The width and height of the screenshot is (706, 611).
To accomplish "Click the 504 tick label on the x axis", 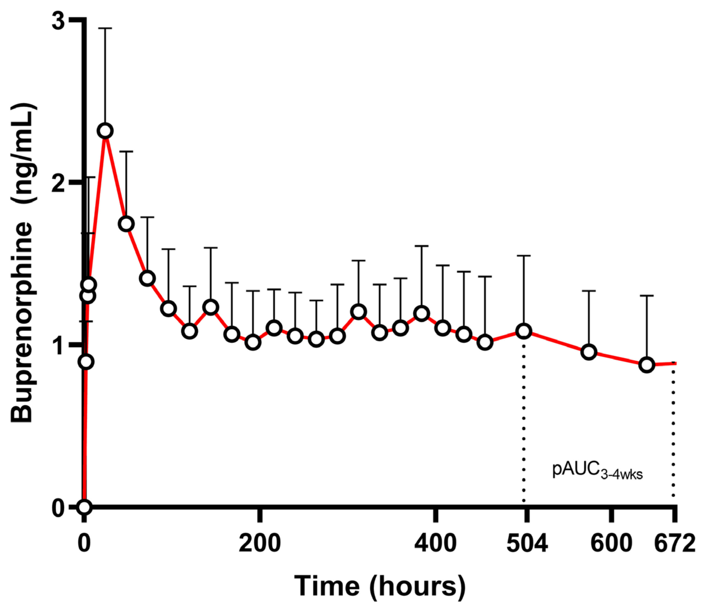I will tap(527, 543).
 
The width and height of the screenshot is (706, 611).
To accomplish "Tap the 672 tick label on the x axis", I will tap(674, 543).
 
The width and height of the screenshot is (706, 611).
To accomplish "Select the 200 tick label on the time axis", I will tap(260, 543).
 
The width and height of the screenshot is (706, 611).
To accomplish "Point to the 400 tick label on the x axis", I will tap(435, 543).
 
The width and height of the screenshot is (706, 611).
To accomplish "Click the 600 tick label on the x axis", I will tap(611, 543).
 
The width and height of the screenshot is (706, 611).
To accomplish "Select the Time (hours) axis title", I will tap(380, 586).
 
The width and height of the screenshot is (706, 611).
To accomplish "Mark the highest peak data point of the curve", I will tap(105, 131).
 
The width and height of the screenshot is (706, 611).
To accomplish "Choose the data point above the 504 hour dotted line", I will tap(523, 331).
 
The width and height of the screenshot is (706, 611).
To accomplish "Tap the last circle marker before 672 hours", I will tap(647, 365).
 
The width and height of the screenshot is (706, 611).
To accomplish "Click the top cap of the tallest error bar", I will tap(105, 28).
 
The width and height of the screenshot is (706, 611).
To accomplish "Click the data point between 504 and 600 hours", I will tap(589, 352).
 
